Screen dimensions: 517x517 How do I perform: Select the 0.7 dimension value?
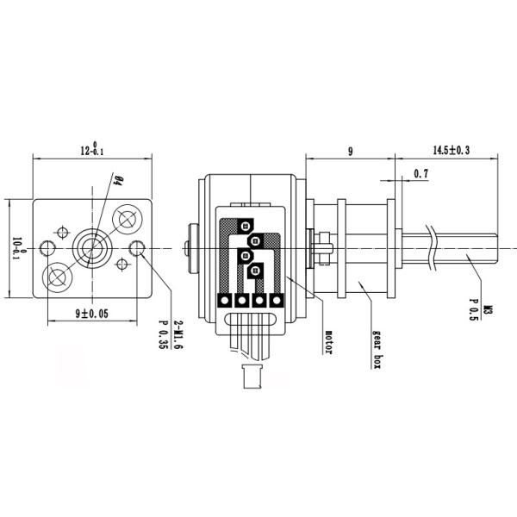click(x=421, y=174)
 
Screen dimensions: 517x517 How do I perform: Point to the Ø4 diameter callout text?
click(x=117, y=183)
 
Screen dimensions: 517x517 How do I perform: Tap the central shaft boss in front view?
click(x=91, y=248)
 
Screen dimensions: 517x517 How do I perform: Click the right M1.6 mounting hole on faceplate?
click(x=137, y=249)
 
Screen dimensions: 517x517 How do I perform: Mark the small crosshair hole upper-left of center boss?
click(x=62, y=231)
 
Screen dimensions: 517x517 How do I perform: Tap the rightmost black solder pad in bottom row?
click(x=277, y=301)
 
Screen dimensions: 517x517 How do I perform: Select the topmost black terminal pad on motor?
click(x=245, y=225)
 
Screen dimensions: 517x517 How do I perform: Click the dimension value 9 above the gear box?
click(x=350, y=152)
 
